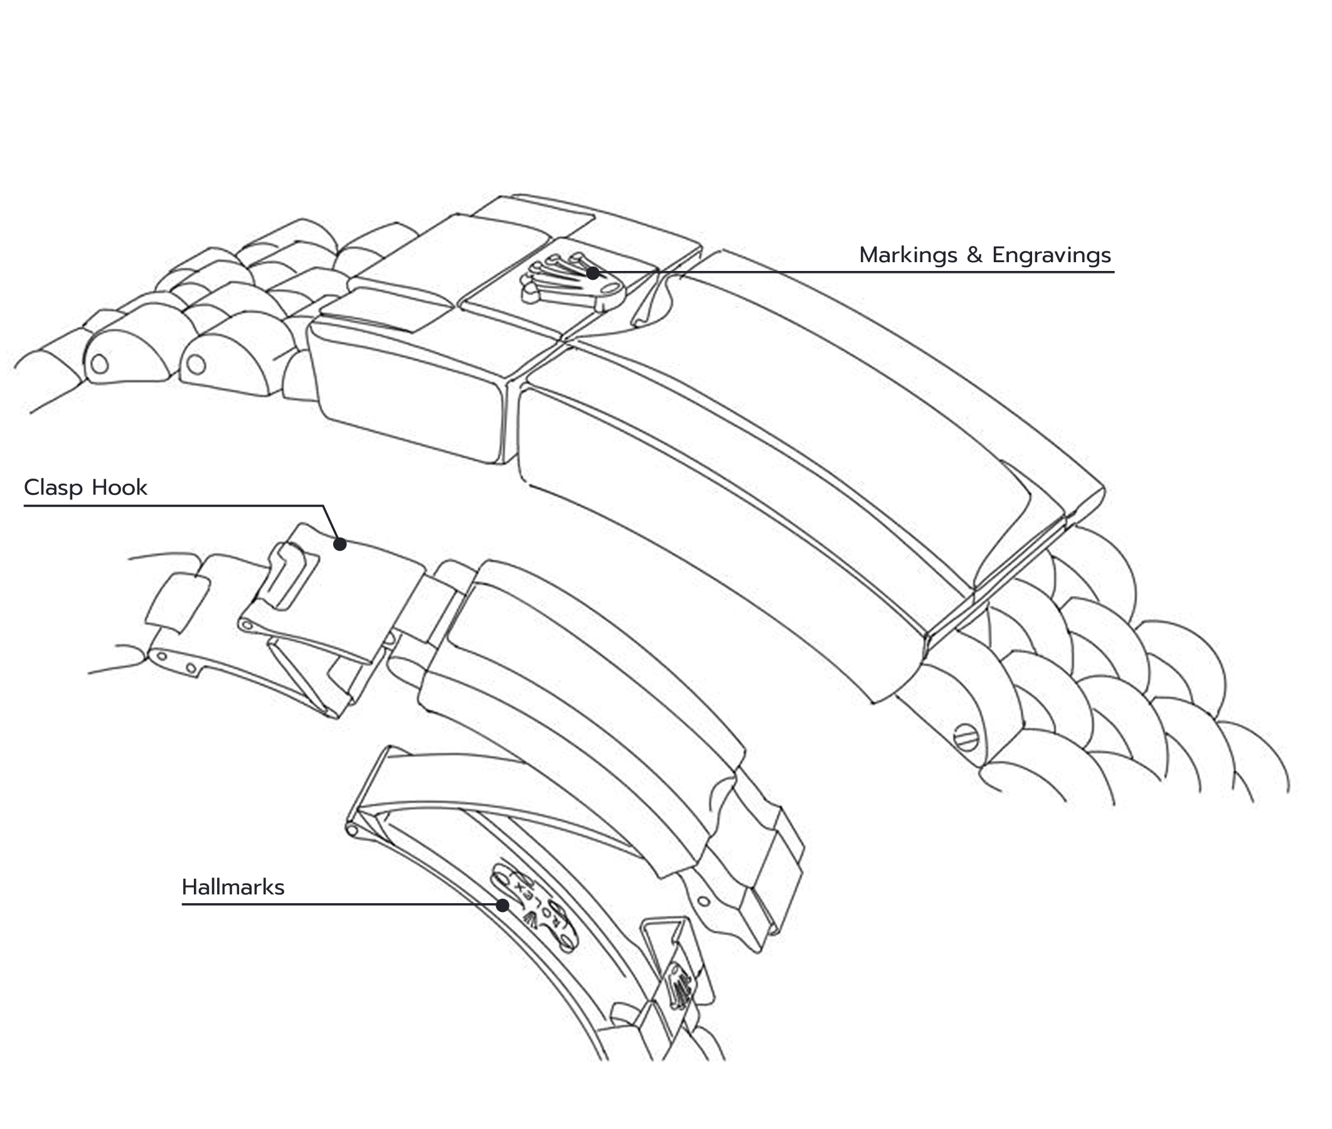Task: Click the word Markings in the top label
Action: [x=909, y=255]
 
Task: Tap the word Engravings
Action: [x=1051, y=255]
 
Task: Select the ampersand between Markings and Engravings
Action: [x=975, y=255]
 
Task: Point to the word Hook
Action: [x=120, y=488]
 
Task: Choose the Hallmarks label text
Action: [x=233, y=888]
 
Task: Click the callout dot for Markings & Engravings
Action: [x=593, y=273]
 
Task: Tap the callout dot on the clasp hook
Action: [x=340, y=544]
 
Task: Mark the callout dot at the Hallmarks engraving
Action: [x=503, y=905]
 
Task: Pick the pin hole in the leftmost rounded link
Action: [x=100, y=364]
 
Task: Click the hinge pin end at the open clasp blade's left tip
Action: [x=351, y=830]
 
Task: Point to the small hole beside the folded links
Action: [x=703, y=901]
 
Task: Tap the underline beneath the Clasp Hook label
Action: [x=173, y=506]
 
